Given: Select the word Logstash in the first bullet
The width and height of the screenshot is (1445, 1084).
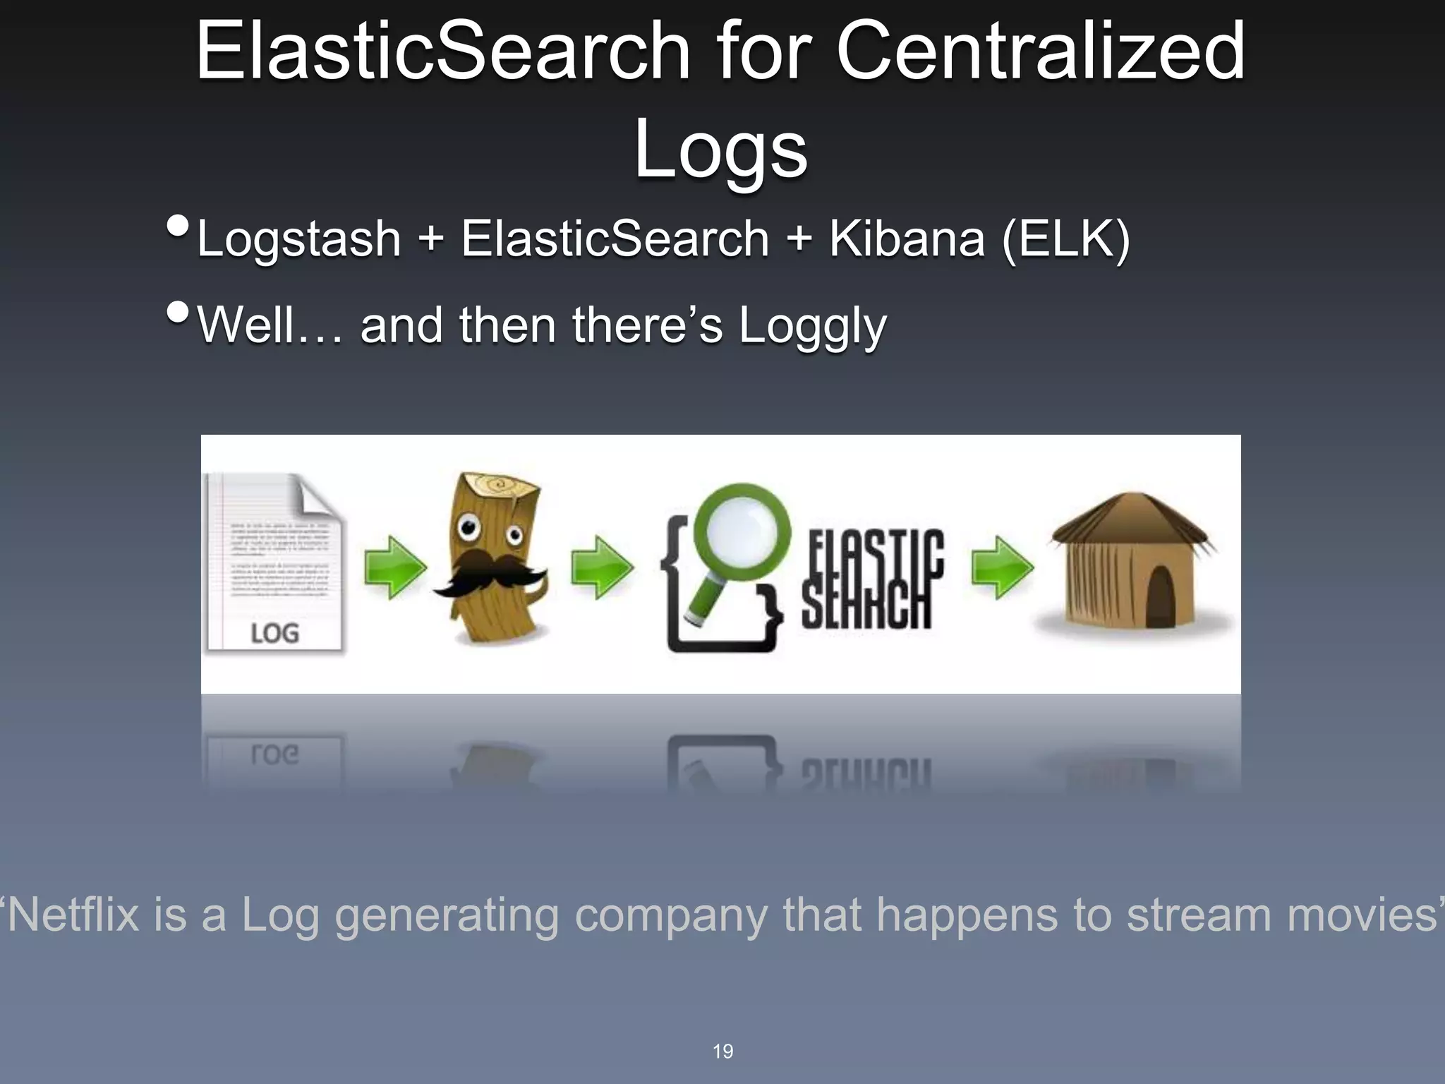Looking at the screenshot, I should click(299, 239).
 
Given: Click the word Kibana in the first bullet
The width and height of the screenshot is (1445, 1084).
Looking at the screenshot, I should click(906, 239).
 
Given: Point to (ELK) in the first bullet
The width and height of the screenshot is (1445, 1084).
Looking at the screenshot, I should click(1065, 239).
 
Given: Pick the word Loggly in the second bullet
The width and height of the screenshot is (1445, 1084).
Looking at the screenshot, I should click(812, 326).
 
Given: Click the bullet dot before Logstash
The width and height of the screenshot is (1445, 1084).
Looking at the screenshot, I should click(178, 227).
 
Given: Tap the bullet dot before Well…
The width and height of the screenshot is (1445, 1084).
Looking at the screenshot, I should click(178, 312).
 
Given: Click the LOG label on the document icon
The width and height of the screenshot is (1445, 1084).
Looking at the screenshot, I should click(274, 633).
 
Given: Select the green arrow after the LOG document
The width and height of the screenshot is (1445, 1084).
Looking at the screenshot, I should click(394, 567).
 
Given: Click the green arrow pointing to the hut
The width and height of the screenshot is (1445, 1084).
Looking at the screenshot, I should click(1002, 567).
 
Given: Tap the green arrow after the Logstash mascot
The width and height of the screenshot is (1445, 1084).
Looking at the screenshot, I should click(601, 567).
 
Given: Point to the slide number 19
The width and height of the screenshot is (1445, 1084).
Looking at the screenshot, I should click(722, 1052).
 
